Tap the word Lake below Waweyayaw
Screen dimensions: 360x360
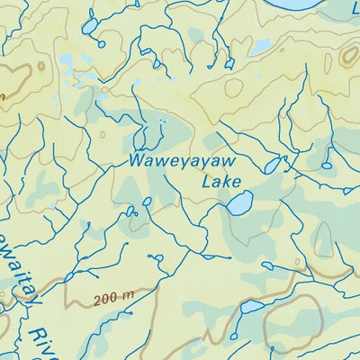[221, 182]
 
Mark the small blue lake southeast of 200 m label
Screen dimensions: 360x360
[252, 307]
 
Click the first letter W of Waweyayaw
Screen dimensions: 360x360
[135, 163]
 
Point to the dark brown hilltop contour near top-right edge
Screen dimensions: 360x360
[348, 58]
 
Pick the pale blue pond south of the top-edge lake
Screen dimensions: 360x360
[260, 47]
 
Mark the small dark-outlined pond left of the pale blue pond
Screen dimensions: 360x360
[229, 62]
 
